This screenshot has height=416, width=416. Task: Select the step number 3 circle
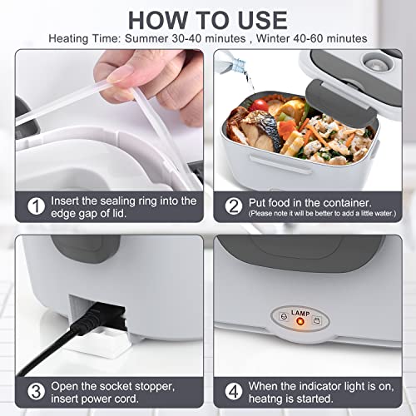pos(35,390)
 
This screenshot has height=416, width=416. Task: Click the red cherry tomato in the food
pos(259,105)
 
